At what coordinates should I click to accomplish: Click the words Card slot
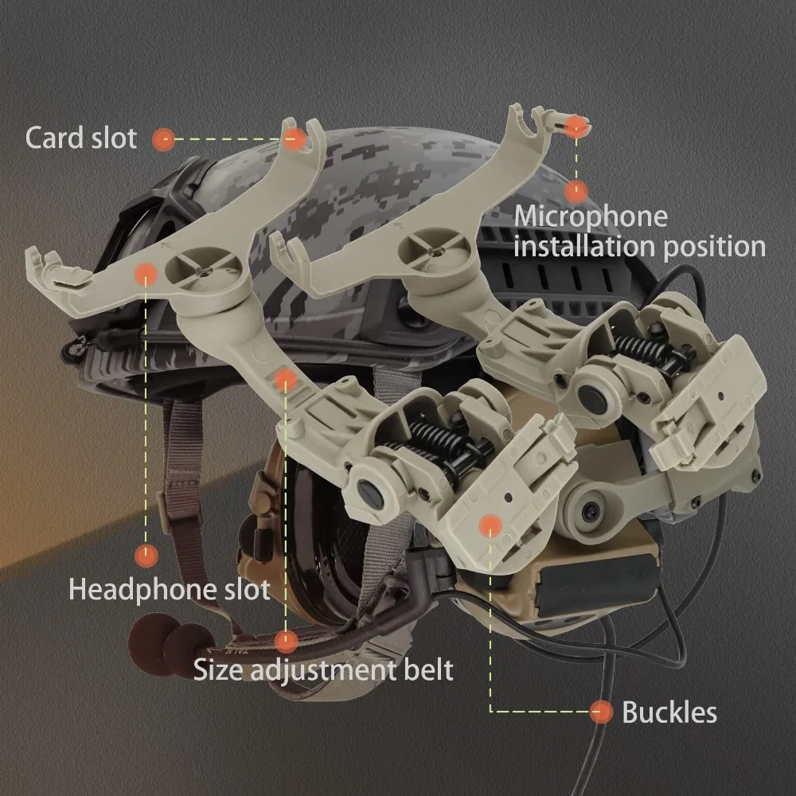tap(80, 138)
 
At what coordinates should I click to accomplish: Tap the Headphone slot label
tap(169, 590)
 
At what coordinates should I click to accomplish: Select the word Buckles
tap(669, 712)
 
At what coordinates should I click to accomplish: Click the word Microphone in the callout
tap(591, 217)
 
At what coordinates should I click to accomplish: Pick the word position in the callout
tap(713, 247)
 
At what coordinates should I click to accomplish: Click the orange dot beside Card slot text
tap(164, 139)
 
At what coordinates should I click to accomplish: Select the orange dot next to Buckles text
tap(602, 712)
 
